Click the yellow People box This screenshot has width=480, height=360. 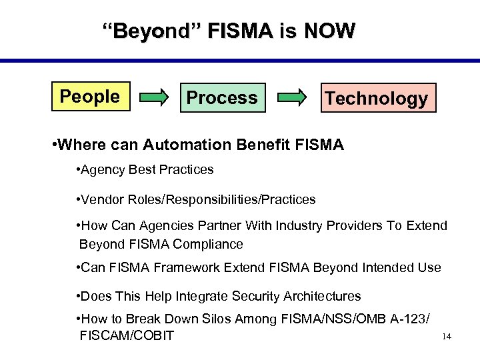pyautogui.click(x=90, y=97)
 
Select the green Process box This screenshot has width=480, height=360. pyautogui.click(x=221, y=98)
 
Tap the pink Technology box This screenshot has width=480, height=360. pyautogui.click(x=377, y=99)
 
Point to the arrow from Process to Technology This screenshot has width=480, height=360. pyautogui.click(x=293, y=98)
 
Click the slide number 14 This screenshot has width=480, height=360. pyautogui.click(x=446, y=337)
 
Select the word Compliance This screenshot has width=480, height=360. pyautogui.click(x=208, y=244)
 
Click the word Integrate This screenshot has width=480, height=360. pyautogui.click(x=199, y=296)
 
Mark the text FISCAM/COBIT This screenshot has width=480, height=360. pyautogui.click(x=126, y=335)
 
